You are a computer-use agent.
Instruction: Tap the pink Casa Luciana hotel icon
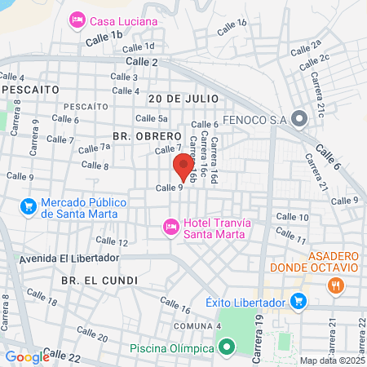77,18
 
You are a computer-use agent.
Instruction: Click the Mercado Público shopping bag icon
29,207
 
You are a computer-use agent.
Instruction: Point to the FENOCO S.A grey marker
298,120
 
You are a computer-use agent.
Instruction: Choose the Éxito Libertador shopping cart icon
298,302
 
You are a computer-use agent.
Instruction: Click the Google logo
27,356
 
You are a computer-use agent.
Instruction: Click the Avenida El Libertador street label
69,259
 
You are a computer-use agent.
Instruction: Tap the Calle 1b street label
105,35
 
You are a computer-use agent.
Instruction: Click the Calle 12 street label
112,241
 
